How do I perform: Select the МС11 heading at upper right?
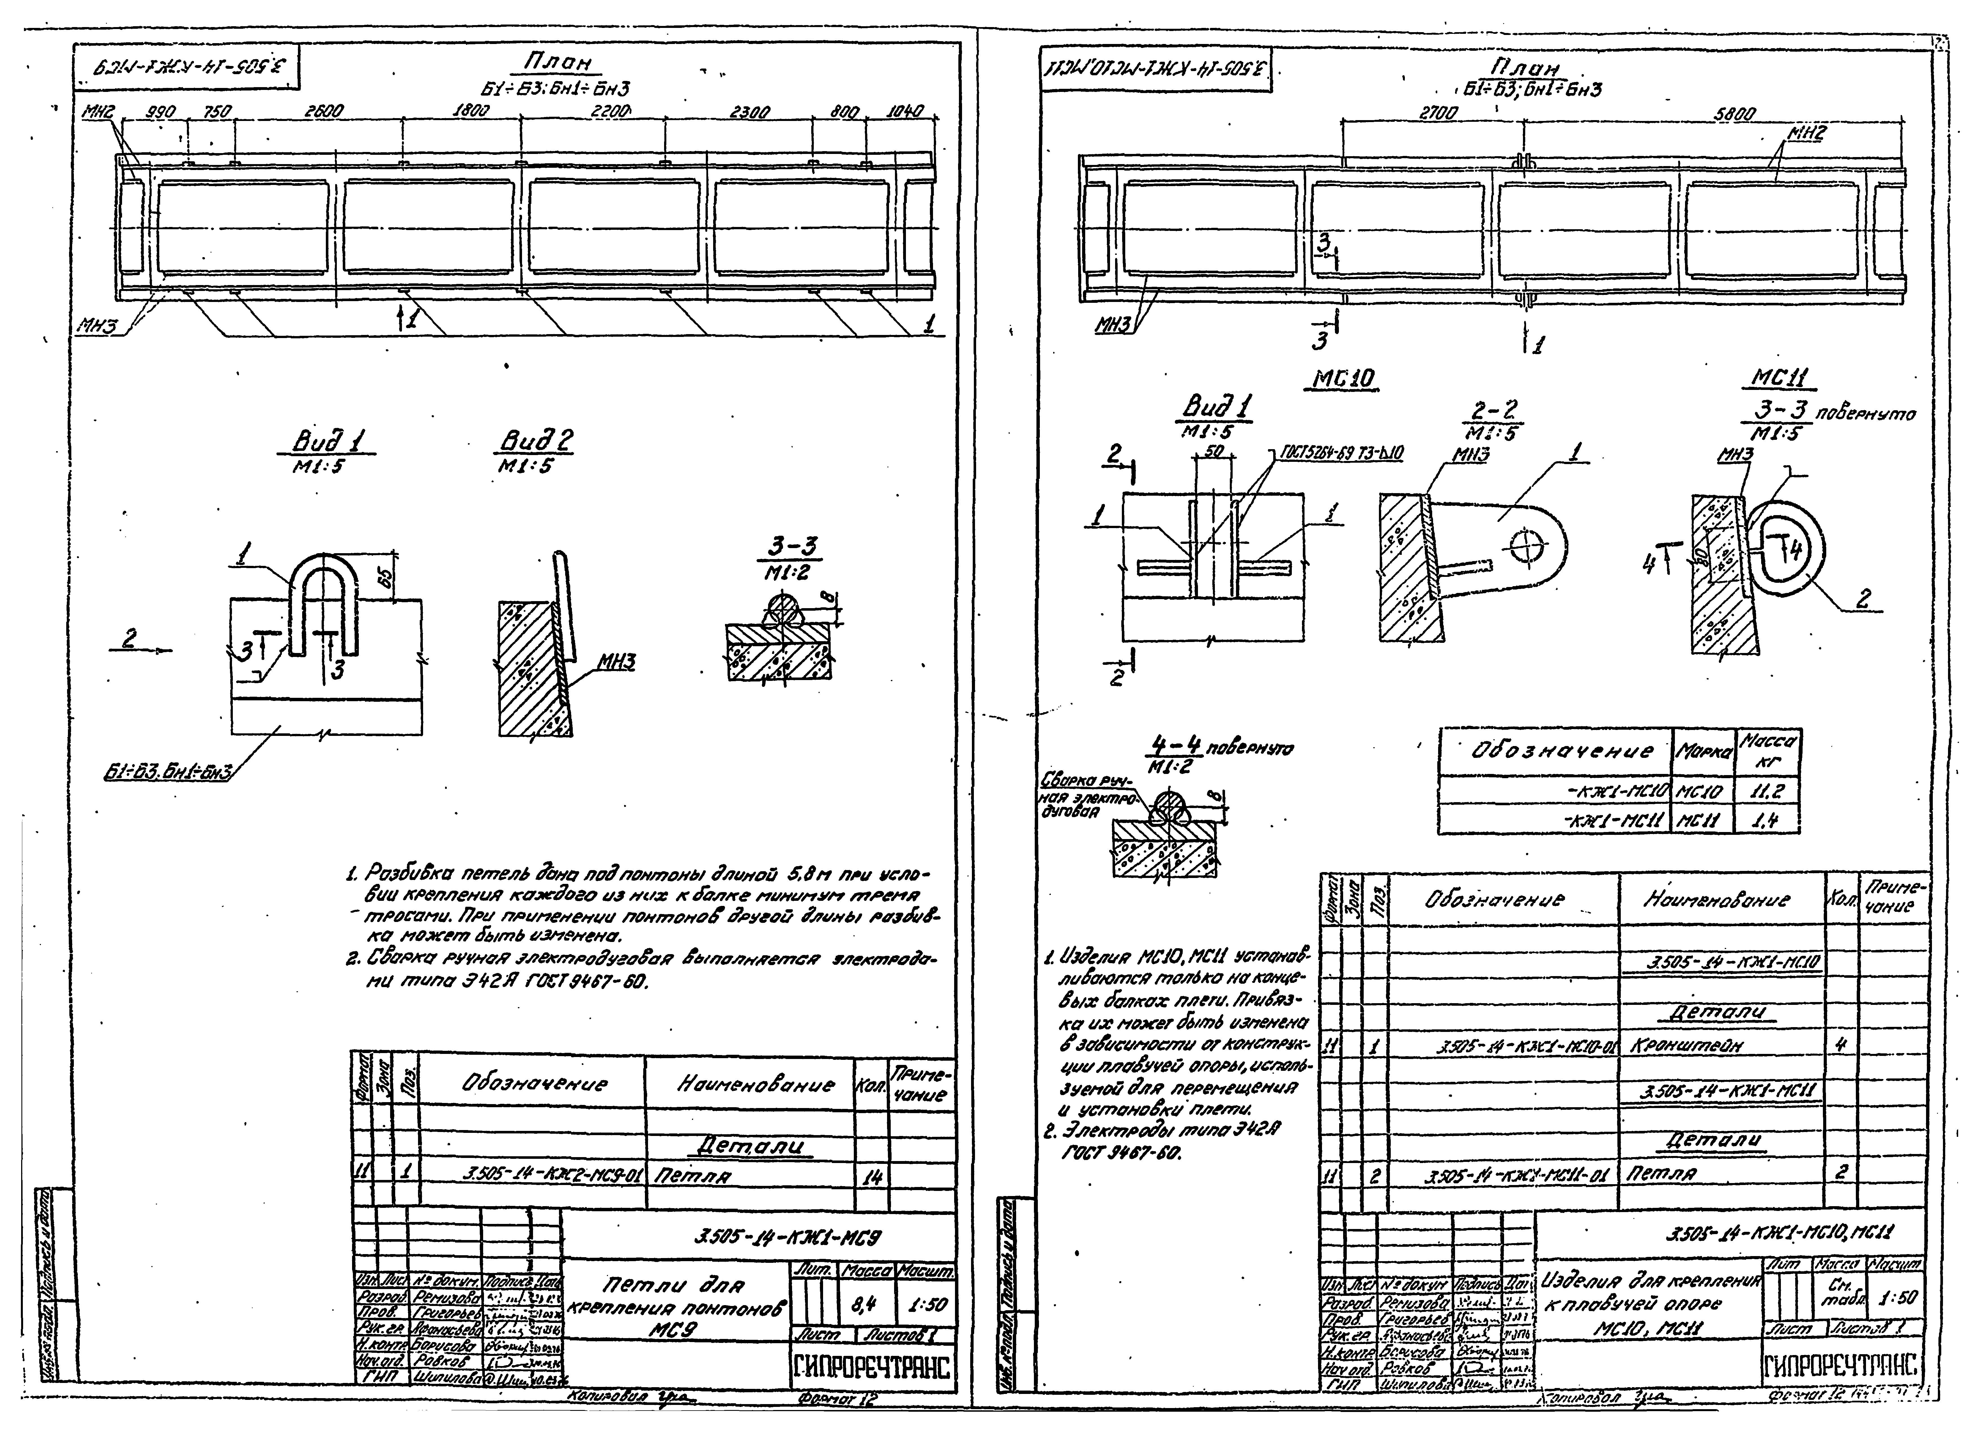[1782, 378]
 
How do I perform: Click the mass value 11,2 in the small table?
[1766, 792]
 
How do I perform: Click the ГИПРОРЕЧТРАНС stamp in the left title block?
[872, 1368]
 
